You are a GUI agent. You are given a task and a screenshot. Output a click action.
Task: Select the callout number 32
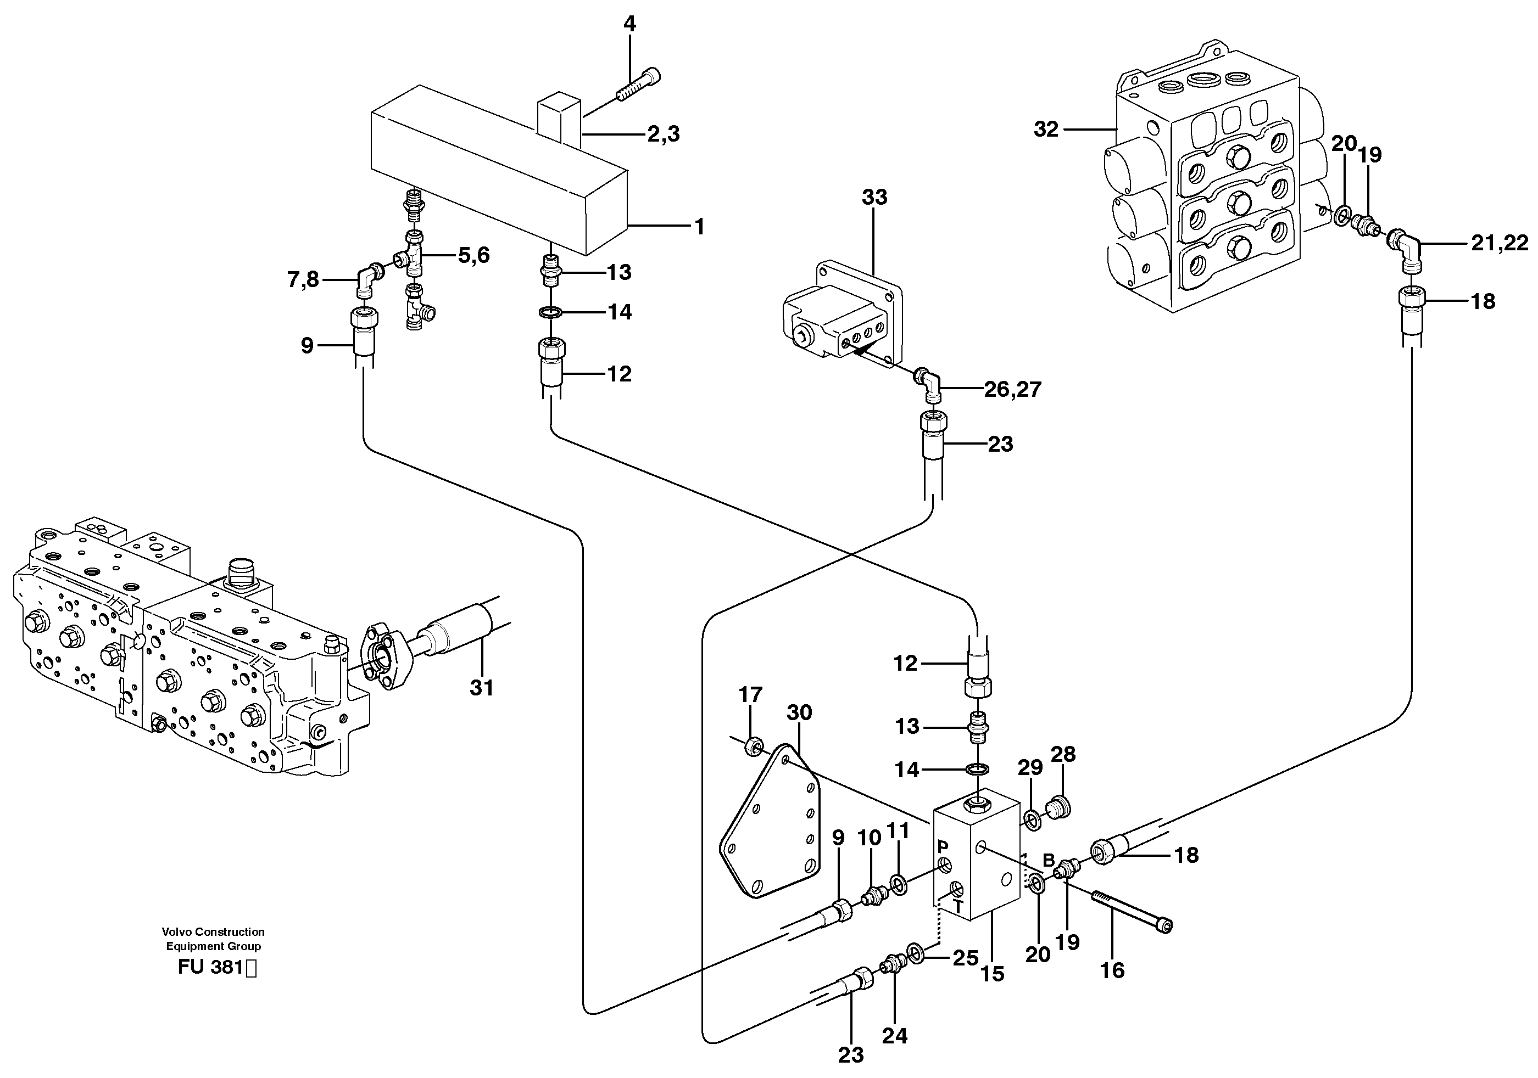pos(1046,128)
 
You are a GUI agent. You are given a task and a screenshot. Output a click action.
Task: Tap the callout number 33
pos(874,197)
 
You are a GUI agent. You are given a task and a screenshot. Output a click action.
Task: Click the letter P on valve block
pos(942,846)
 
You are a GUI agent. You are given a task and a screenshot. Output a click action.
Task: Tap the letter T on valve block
pos(959,907)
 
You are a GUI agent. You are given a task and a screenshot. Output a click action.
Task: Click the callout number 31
pos(481,688)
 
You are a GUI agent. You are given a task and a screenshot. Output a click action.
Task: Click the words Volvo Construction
pos(213,931)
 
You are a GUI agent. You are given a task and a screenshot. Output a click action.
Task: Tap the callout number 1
pos(699,227)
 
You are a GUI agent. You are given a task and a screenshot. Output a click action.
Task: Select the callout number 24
pos(894,1036)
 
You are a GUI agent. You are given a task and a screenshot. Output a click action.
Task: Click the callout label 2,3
pos(663,134)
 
